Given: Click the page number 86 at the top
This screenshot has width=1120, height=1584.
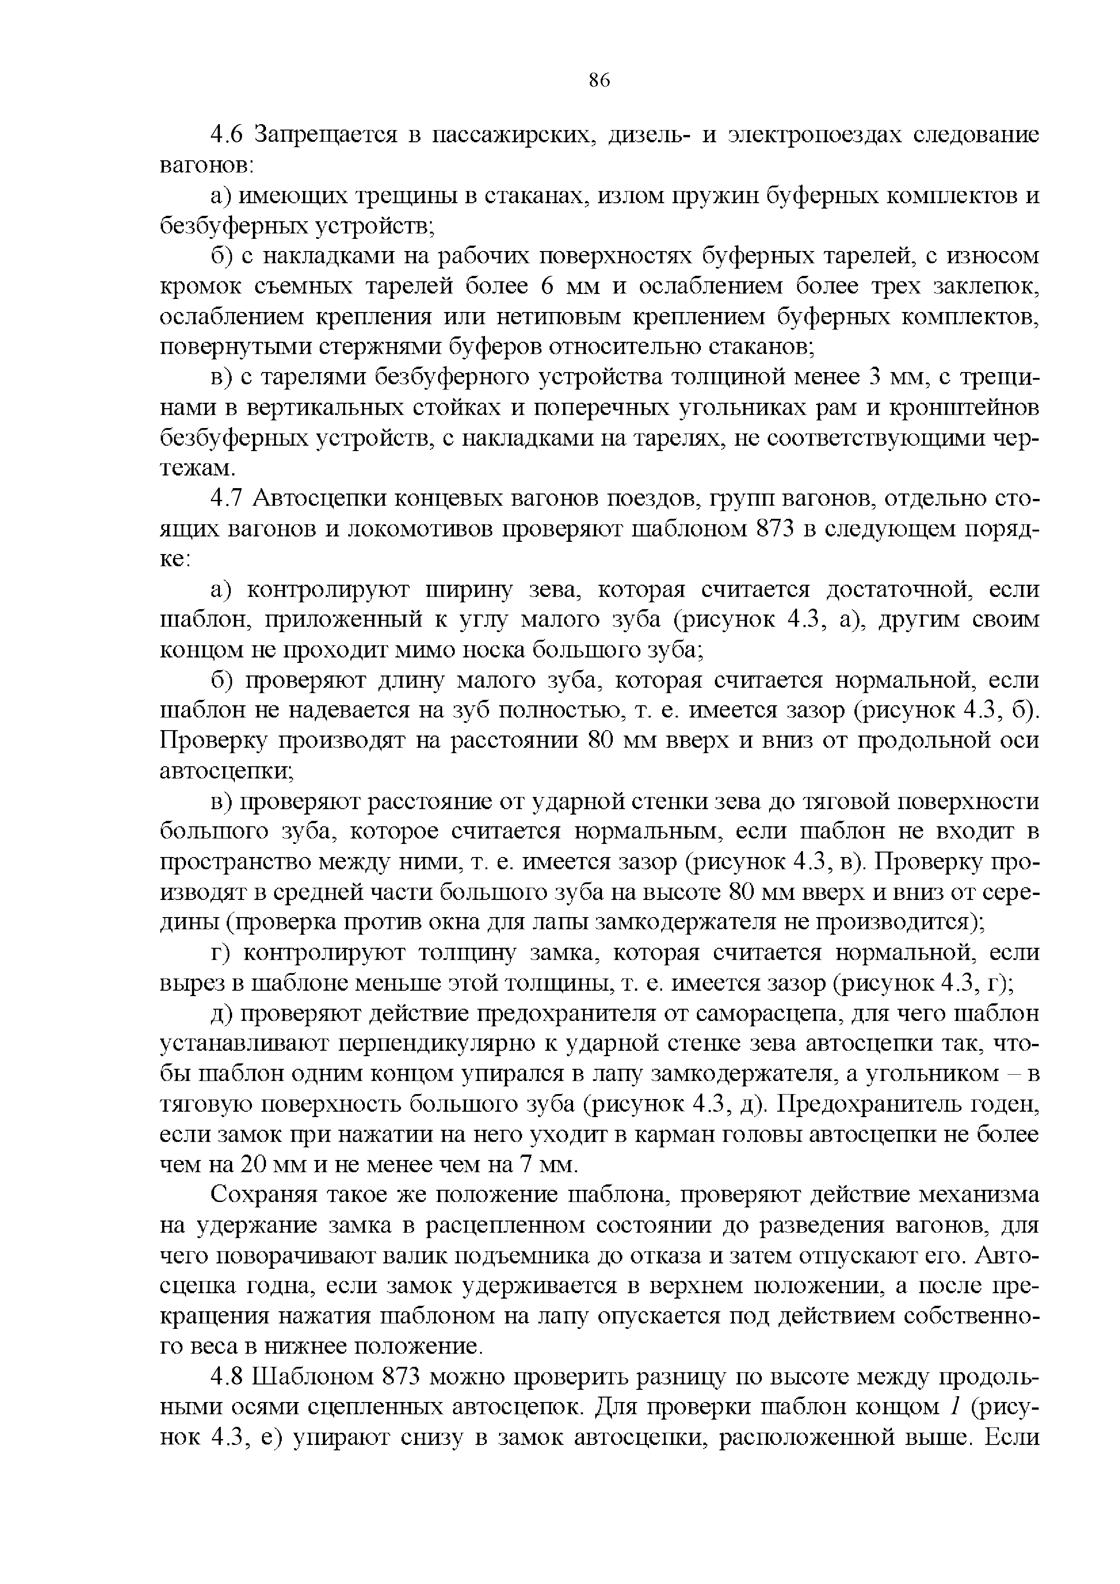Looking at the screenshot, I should (600, 81).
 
